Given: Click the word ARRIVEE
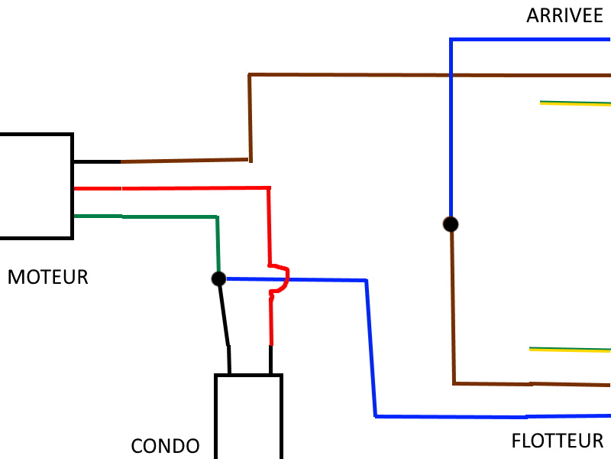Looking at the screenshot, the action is [564, 16].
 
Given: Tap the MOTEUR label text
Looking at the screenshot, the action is [48, 277].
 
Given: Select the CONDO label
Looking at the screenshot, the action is [165, 446].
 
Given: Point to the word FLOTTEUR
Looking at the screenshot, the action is [558, 441].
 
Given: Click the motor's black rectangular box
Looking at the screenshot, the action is [73, 186].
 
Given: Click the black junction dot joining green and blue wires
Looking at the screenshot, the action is [218, 278].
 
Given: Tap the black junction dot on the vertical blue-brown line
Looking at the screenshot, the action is [451, 224].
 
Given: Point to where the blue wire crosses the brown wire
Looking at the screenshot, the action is [451, 75].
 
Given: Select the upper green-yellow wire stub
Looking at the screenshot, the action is [575, 103].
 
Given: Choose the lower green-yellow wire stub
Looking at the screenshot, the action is [570, 350].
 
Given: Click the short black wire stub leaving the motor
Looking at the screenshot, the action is [97, 161].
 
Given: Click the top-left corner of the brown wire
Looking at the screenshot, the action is [250, 74].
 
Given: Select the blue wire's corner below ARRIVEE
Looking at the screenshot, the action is [451, 40].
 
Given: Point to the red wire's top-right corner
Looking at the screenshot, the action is [269, 188].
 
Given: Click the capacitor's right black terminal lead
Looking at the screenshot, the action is [271, 360].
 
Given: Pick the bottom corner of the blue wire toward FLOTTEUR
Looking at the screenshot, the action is [376, 416].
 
